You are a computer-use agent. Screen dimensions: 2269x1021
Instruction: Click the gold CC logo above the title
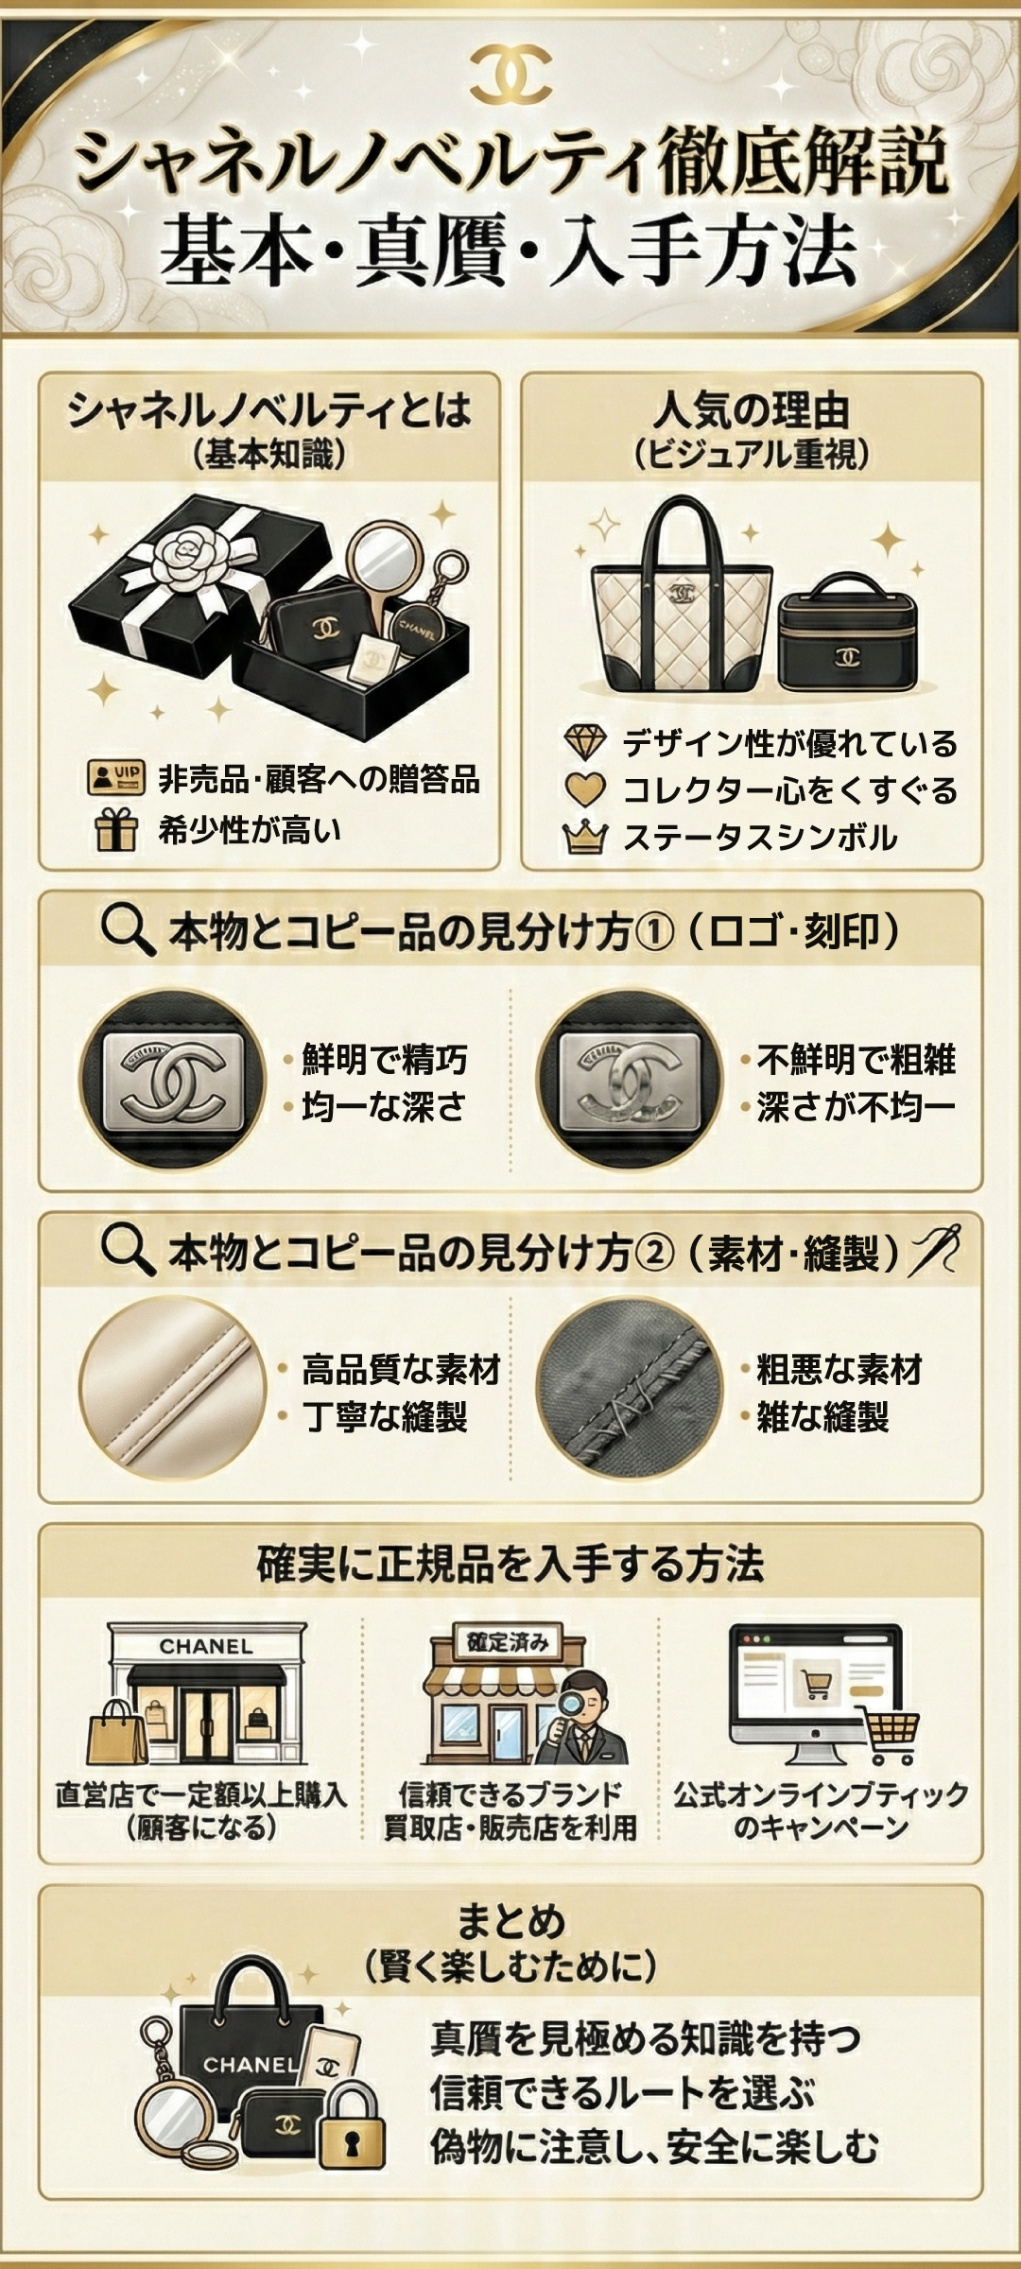point(510,73)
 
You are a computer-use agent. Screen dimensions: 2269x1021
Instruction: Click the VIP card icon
point(115,778)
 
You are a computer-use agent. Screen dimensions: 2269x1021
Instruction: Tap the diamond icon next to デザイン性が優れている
point(584,743)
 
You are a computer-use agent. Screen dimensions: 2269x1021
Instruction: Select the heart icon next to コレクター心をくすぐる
point(584,790)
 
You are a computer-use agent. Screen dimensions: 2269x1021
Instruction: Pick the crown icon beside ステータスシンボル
point(584,838)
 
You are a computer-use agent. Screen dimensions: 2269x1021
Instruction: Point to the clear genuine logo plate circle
point(172,1081)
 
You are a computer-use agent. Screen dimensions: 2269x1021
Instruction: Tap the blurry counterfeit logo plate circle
point(630,1081)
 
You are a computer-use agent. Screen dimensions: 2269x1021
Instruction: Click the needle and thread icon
point(933,1251)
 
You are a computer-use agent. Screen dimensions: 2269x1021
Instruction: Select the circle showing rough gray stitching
point(630,1388)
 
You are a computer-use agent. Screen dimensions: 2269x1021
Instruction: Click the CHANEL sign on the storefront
point(206,1646)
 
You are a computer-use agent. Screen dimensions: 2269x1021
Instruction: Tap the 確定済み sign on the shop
point(508,1642)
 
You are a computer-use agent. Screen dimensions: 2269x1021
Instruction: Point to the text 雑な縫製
point(822,1417)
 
